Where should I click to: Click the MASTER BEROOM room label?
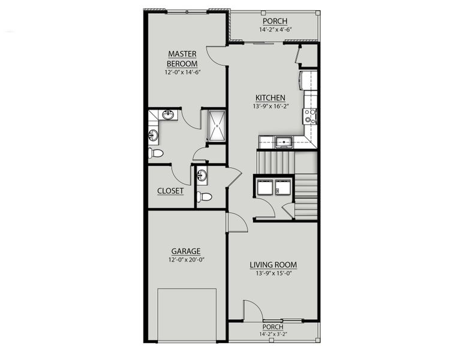pos(182,59)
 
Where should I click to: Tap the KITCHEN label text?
pos(270,98)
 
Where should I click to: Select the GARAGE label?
pos(186,251)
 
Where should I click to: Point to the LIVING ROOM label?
pos(273,265)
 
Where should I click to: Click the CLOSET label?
pos(170,191)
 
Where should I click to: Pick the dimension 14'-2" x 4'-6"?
pos(275,29)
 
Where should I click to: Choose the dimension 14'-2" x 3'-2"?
pos(273,334)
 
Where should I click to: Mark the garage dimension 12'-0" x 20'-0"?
pos(187,260)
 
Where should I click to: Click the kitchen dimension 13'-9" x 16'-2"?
pos(270,106)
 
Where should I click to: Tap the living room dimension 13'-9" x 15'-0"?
pos(273,273)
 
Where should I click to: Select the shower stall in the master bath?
pos(217,126)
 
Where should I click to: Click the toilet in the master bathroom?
pos(156,153)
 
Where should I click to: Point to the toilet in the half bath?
pos(205,196)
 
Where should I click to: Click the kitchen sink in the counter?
pos(284,142)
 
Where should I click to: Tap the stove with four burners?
pos(310,116)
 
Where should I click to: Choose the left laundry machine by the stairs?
pos(265,187)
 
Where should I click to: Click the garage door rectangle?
pos(187,315)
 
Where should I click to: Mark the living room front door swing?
pos(253,311)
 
